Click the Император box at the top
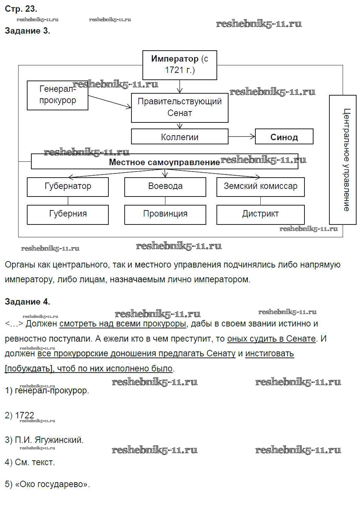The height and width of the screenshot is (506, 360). click(x=179, y=65)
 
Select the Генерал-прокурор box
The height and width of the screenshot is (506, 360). click(x=57, y=95)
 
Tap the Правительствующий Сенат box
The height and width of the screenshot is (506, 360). click(x=179, y=107)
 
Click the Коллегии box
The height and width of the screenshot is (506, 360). click(x=179, y=137)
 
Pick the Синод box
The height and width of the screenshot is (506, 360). click(x=284, y=137)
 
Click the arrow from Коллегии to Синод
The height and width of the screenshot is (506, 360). click(x=242, y=136)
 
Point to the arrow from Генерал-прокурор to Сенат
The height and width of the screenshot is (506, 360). click(x=109, y=102)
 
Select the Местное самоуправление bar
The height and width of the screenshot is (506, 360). click(x=164, y=162)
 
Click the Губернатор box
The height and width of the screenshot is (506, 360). click(x=68, y=186)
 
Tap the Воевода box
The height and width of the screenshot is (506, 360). click(x=165, y=186)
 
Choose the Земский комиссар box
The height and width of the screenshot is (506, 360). click(x=260, y=186)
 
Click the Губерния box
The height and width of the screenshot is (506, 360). click(x=68, y=214)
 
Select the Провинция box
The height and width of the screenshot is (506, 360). click(x=165, y=214)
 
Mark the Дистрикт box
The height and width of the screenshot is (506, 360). click(x=260, y=214)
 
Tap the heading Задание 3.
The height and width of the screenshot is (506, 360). click(x=27, y=31)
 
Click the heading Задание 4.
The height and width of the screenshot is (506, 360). click(x=27, y=302)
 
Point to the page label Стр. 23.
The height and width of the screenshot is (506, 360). click(x=21, y=9)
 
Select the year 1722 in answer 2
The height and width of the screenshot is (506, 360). click(x=25, y=415)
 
